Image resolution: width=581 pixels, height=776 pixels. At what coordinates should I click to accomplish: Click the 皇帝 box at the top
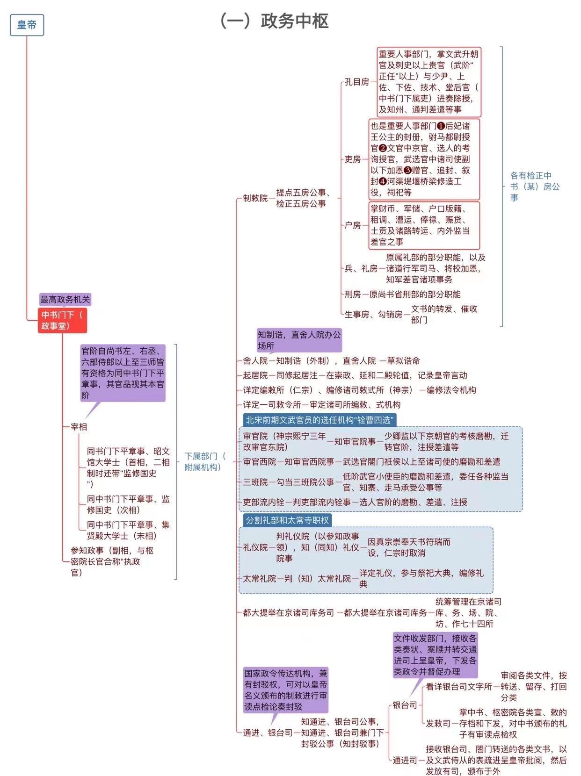point(27,25)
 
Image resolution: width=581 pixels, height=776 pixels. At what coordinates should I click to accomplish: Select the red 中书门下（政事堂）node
point(63,320)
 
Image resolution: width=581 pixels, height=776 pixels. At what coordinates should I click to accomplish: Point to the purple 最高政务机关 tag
point(65,299)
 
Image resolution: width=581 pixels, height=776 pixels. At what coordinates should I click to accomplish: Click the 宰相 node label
point(79,427)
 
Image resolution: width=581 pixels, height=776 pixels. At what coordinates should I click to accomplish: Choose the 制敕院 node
point(255,198)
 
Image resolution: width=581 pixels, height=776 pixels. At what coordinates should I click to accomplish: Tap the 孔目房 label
point(357,82)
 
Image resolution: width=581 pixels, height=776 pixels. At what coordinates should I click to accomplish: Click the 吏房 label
point(353,159)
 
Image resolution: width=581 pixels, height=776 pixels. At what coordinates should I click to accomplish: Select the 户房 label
point(353,225)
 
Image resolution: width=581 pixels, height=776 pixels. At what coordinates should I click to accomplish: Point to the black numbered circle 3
point(407,170)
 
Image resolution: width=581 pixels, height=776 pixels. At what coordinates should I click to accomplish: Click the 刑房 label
point(353,295)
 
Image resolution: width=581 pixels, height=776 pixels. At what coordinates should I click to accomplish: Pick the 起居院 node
point(255,375)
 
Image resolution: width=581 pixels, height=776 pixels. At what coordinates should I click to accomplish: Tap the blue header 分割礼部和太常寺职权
point(287,520)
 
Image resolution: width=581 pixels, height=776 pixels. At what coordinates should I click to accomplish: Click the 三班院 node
point(255,482)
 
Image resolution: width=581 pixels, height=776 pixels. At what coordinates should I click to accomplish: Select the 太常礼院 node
point(260,579)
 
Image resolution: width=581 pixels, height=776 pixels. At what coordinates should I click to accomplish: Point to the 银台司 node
point(405,705)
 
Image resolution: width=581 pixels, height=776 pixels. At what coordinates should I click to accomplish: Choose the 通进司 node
point(405,761)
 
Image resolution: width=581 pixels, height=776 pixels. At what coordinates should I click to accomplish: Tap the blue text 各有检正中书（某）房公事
point(535,187)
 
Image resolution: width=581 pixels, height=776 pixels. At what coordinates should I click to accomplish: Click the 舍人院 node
point(255,361)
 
